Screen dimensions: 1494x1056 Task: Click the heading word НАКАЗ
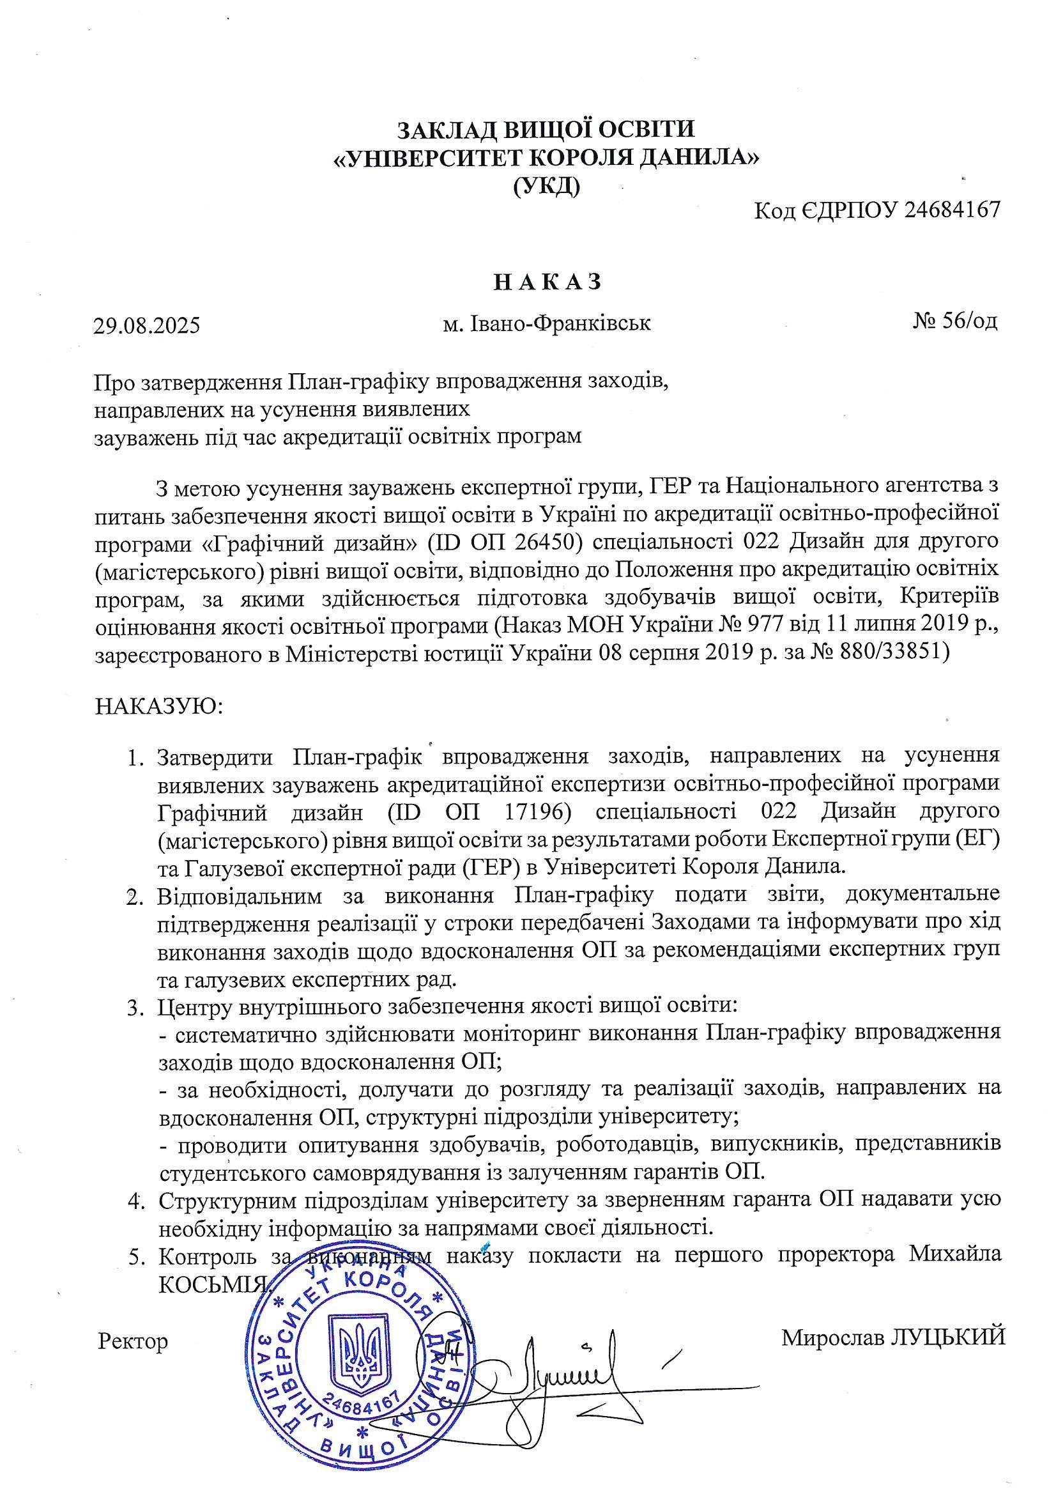pyautogui.click(x=547, y=282)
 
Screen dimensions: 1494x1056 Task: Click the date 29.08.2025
pyautogui.click(x=146, y=325)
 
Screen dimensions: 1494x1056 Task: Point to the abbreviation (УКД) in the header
pyautogui.click(x=546, y=187)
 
